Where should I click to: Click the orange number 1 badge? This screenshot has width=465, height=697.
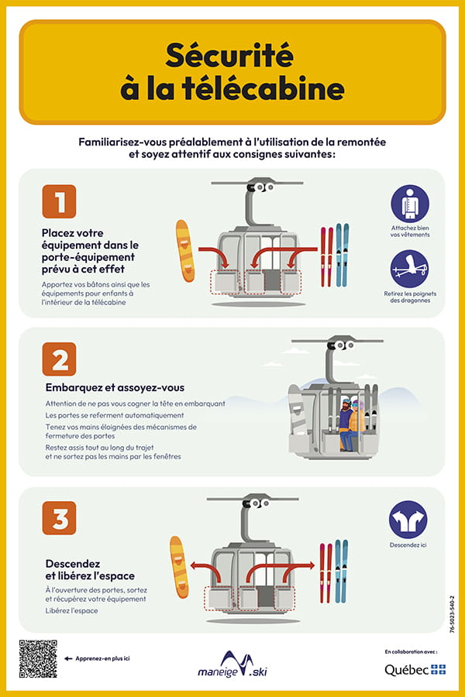click(59, 201)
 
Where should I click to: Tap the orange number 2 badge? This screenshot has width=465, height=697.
click(59, 359)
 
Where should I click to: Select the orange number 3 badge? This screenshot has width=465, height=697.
click(59, 518)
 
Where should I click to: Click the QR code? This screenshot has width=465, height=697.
click(38, 659)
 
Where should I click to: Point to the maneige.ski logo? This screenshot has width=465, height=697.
click(232, 664)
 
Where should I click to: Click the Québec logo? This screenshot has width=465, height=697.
click(415, 669)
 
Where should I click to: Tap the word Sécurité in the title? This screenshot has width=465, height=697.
click(229, 56)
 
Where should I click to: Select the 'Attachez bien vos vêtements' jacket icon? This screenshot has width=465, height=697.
click(410, 204)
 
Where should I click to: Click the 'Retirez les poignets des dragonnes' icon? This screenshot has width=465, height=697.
click(410, 269)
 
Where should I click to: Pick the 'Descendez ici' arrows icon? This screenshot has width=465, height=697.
click(408, 520)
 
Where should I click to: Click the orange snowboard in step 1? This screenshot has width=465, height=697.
click(185, 251)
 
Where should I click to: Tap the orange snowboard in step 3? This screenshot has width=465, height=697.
click(179, 567)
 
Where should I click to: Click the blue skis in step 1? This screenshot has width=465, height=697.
click(343, 255)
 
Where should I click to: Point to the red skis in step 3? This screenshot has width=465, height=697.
click(326, 573)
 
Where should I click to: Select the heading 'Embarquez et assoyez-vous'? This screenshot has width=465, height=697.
click(115, 388)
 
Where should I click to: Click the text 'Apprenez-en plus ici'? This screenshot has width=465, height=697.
click(103, 658)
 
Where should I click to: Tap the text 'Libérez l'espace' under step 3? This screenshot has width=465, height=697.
click(71, 611)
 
